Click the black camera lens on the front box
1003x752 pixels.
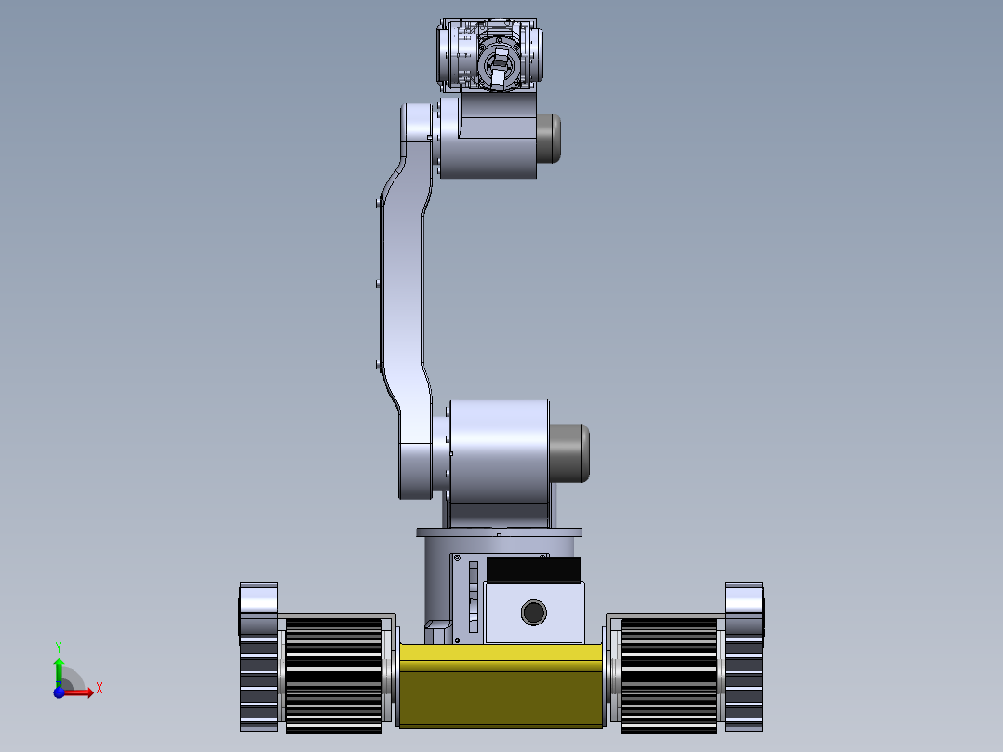coord(533,612)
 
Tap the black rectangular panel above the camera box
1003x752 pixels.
coord(532,569)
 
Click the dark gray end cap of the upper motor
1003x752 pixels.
coord(549,138)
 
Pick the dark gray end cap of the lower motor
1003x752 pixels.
coord(570,453)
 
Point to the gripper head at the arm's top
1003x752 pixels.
coord(490,56)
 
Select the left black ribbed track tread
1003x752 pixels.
coord(333,675)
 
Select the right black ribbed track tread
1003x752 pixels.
coord(668,675)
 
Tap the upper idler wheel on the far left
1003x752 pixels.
coord(259,609)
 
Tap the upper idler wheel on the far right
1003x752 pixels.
coord(743,609)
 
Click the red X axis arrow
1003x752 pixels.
coord(81,692)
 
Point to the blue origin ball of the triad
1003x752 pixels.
coord(59,692)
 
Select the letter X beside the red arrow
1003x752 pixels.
coord(99,688)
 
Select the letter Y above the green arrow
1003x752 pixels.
coord(58,646)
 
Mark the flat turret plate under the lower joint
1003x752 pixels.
coord(499,533)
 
